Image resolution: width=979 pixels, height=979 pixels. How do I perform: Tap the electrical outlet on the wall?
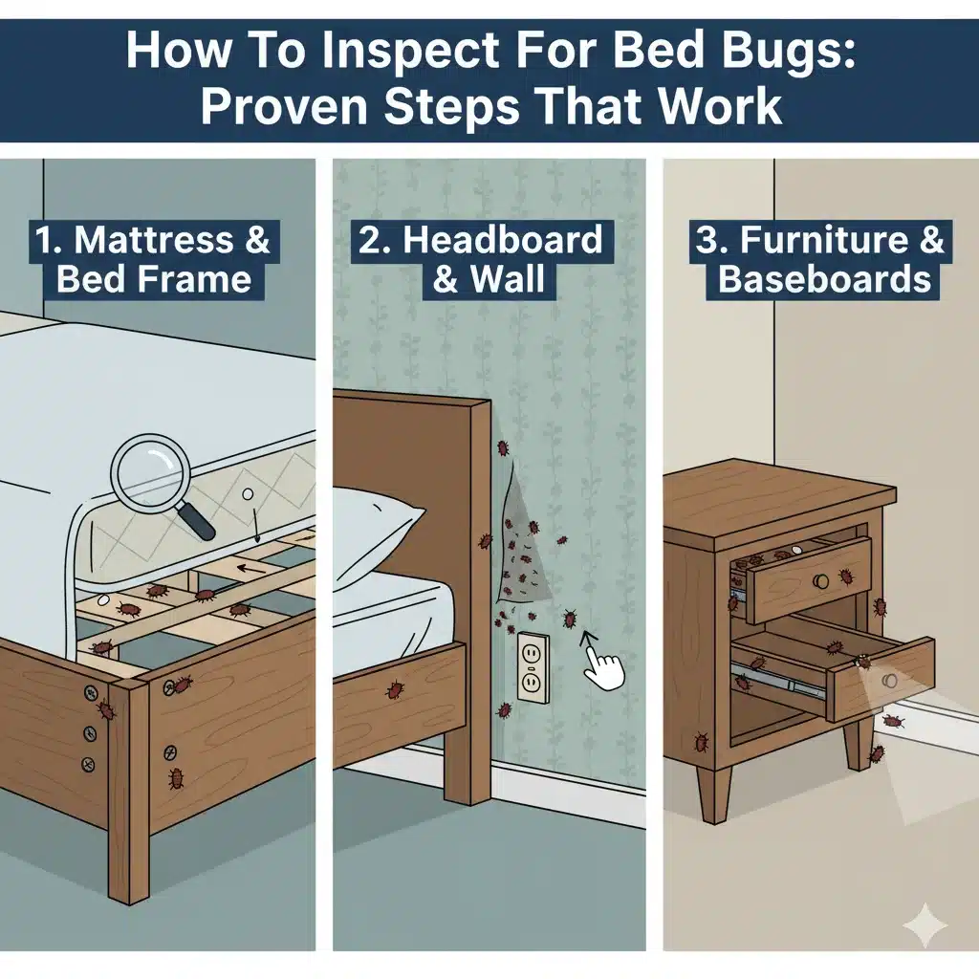point(533,668)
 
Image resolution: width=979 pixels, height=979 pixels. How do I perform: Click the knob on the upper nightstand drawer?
point(821,581)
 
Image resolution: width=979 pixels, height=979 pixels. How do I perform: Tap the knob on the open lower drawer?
point(890,680)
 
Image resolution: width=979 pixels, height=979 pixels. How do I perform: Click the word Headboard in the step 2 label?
point(503,240)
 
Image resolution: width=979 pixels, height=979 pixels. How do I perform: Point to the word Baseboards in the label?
point(824,279)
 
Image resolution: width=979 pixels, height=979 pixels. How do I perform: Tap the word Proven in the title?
point(284,106)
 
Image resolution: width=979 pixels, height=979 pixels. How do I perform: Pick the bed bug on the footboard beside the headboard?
point(395,689)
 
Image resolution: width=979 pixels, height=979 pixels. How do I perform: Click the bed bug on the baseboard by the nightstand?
point(894,721)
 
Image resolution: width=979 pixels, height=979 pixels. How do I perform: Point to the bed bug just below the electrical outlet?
point(505,710)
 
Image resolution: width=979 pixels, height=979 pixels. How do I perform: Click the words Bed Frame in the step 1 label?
point(154,279)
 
